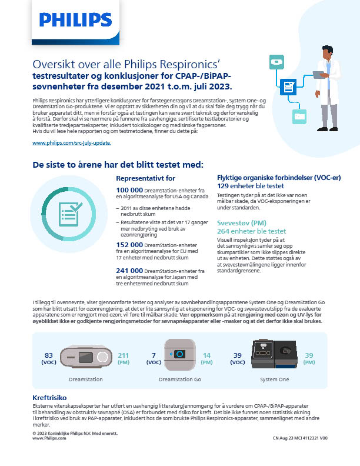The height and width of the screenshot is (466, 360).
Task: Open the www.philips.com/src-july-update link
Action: click(x=71, y=143)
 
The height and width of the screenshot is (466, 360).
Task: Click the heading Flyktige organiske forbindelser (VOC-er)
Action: click(x=273, y=177)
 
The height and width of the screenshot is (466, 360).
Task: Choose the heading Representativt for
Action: click(x=146, y=178)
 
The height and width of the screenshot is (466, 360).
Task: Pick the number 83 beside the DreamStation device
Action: click(x=49, y=355)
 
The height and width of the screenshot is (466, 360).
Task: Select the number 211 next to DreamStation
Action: click(x=124, y=355)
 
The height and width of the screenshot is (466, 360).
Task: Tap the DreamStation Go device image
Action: click(x=180, y=354)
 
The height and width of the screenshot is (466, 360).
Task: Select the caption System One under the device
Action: click(x=275, y=380)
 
